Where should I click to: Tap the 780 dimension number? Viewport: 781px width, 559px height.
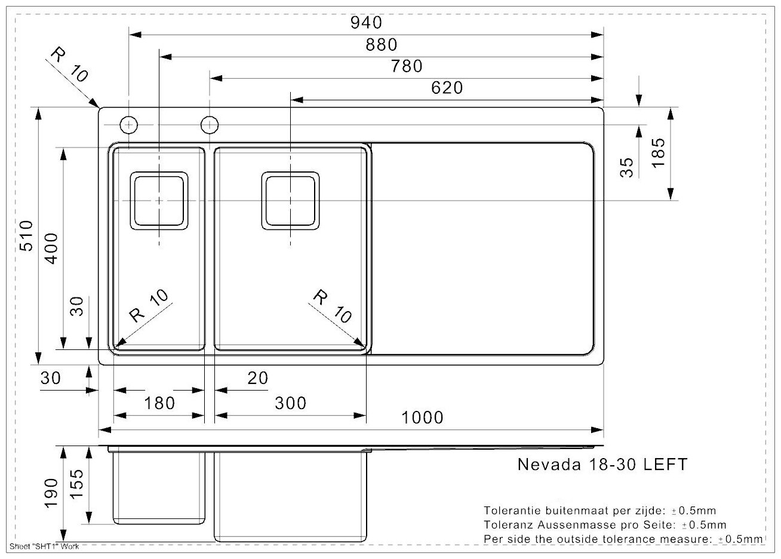[407, 66]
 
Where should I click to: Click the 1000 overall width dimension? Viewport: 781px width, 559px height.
[422, 417]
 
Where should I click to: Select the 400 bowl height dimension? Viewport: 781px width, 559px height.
[53, 249]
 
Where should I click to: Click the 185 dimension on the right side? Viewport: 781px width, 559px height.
[658, 153]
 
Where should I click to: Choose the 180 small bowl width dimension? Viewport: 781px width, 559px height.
[159, 403]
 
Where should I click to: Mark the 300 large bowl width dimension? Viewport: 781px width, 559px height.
[290, 403]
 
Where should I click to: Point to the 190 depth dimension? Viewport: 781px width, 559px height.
[52, 493]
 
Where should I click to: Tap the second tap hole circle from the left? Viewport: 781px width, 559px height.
[210, 125]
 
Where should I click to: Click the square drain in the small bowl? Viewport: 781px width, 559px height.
[159, 201]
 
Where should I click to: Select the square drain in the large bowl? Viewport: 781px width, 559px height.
[290, 201]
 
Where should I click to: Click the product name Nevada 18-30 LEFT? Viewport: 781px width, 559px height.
[602, 464]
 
